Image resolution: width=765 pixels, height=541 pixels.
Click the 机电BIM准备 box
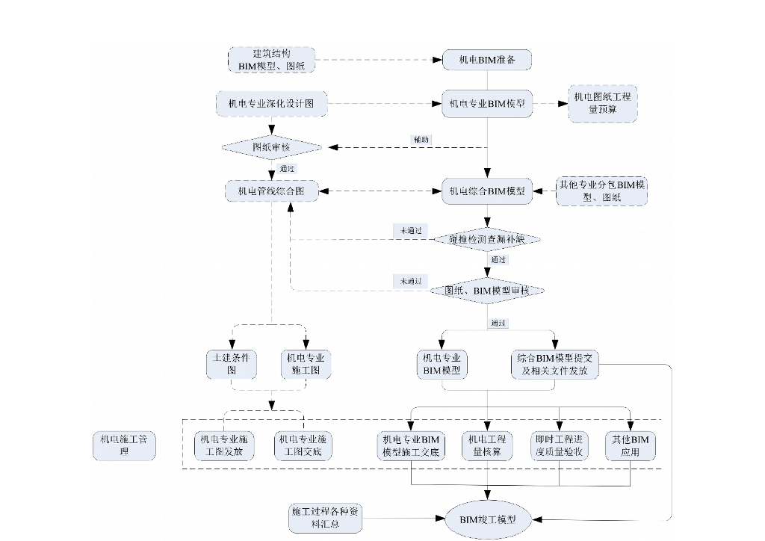(x=487, y=60)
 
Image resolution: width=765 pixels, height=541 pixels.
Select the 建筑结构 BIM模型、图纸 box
(x=271, y=60)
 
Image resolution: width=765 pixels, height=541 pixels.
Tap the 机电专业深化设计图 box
(x=271, y=104)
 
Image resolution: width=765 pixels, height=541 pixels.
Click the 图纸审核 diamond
(x=271, y=147)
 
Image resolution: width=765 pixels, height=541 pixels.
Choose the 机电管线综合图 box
(x=271, y=191)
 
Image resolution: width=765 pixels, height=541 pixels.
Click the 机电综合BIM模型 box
(x=487, y=191)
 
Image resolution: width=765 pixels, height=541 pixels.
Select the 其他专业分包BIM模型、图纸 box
(x=601, y=191)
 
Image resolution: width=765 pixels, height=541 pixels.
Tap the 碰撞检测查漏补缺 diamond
(x=487, y=239)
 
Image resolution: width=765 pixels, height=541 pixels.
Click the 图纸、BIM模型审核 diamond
(x=487, y=290)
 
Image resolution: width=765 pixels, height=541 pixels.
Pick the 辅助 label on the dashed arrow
(x=421, y=140)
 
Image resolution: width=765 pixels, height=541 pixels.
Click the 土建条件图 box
(x=232, y=364)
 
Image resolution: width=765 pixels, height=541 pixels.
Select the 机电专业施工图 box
(x=303, y=364)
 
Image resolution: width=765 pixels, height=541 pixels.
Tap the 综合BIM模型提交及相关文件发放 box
(x=554, y=364)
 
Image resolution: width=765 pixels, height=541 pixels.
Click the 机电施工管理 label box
(x=124, y=445)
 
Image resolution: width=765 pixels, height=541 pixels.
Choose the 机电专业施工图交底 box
(x=303, y=445)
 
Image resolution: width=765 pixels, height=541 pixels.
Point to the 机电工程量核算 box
(x=487, y=445)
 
